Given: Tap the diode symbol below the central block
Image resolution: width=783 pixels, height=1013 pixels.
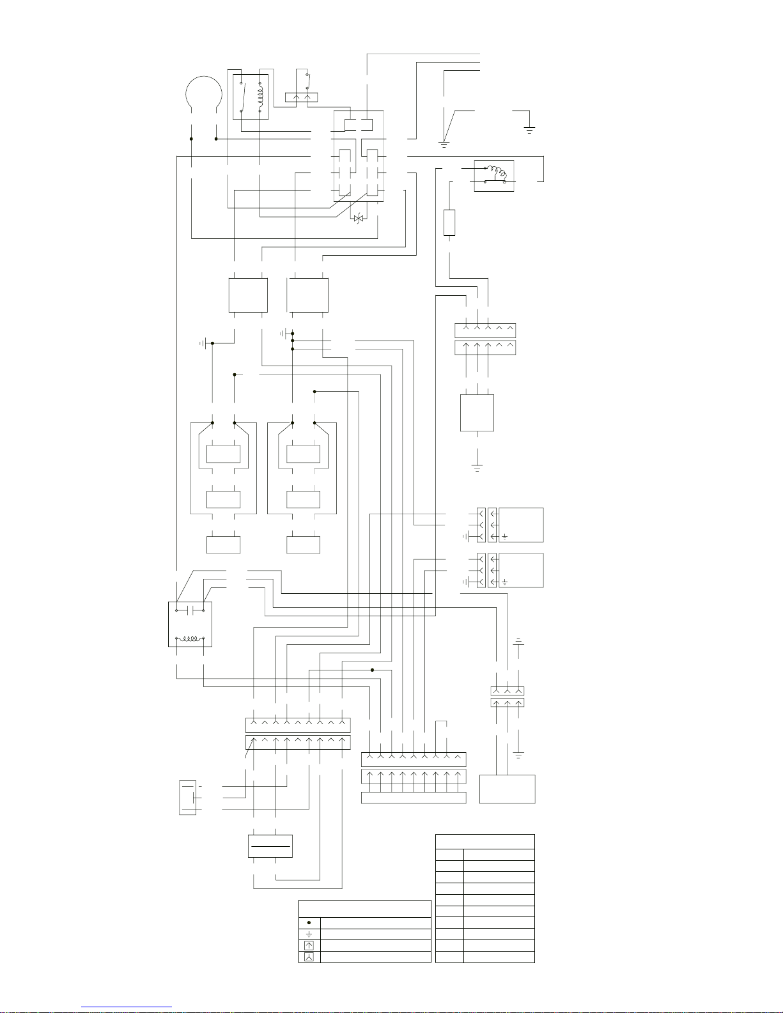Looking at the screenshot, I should (x=358, y=219).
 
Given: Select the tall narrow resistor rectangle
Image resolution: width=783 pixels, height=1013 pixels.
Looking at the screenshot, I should (x=449, y=222).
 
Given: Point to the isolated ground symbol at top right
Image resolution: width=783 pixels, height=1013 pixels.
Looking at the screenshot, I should (x=529, y=130).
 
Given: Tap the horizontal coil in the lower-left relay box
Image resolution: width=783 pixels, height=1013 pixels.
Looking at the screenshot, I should (x=190, y=638).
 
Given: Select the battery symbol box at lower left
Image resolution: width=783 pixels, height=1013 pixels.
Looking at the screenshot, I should (x=188, y=798).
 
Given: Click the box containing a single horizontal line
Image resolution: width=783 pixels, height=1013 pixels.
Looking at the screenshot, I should (x=270, y=846).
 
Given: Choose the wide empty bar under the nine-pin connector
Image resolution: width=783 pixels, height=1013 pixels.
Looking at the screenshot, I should (x=414, y=798).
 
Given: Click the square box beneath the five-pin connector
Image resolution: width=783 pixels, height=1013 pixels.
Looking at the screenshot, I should (x=477, y=413).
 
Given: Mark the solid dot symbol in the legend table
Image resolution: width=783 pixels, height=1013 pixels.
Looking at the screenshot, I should (x=309, y=923).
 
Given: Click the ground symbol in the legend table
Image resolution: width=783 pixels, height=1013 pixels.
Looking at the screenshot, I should (x=309, y=934).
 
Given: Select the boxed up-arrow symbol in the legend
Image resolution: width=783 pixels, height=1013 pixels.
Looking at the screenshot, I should (x=309, y=946).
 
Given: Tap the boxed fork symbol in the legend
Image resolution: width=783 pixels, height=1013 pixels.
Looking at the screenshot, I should (x=309, y=957).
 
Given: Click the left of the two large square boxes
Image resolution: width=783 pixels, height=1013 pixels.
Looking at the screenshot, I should (x=248, y=295).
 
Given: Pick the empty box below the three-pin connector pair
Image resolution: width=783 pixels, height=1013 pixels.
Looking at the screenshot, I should (x=508, y=789).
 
